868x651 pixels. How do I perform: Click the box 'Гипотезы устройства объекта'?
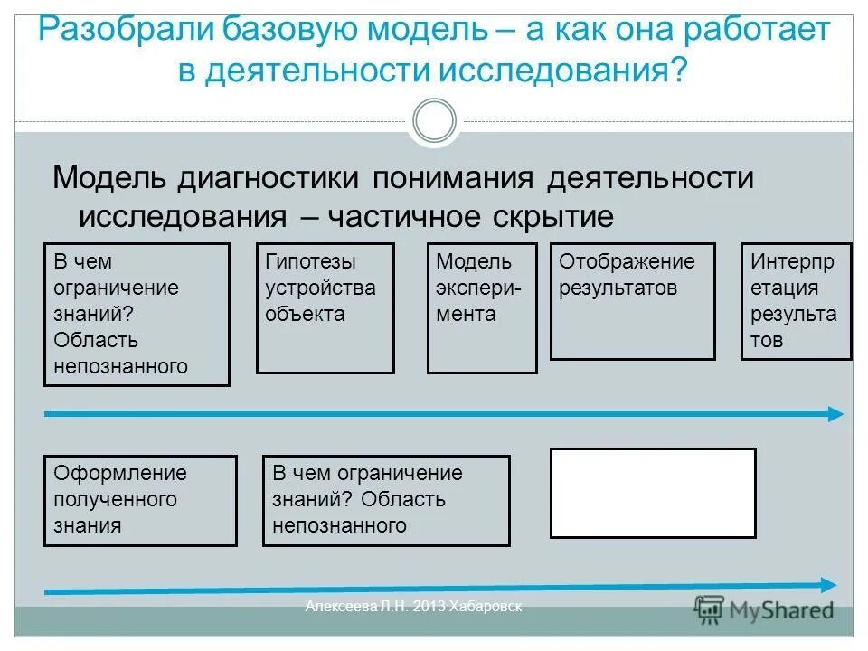pyautogui.click(x=325, y=307)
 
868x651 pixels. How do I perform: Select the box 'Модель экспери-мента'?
pyautogui.click(x=482, y=307)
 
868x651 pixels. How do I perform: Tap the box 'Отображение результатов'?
pyautogui.click(x=632, y=301)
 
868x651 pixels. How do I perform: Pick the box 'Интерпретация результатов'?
pyautogui.click(x=796, y=301)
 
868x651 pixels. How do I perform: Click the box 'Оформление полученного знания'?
pyautogui.click(x=140, y=500)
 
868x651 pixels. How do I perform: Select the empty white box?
pyautogui.click(x=653, y=493)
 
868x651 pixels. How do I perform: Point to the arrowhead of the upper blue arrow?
pyautogui.click(x=835, y=414)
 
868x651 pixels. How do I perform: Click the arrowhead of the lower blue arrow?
pyautogui.click(x=827, y=584)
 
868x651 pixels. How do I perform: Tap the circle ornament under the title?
pyautogui.click(x=434, y=120)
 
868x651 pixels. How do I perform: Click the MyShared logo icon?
pyautogui.click(x=709, y=609)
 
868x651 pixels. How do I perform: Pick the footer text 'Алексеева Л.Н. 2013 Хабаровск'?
pyautogui.click(x=413, y=607)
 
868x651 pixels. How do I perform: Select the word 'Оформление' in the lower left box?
pyautogui.click(x=120, y=473)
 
